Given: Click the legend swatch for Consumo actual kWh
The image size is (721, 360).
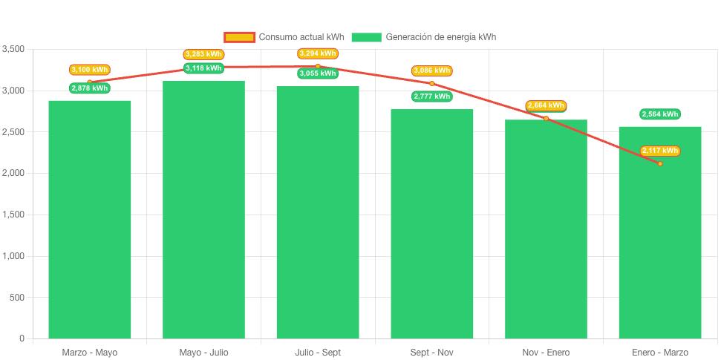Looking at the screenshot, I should click(x=240, y=37).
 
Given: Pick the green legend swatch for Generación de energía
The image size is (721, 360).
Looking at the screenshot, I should click(x=366, y=37).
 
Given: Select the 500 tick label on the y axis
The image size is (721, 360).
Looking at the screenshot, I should click(x=17, y=298).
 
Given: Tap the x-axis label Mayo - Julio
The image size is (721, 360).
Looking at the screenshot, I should click(x=203, y=352).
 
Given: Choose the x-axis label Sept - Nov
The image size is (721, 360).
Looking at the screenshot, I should click(x=431, y=352).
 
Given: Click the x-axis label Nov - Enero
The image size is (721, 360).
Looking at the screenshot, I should click(x=546, y=352).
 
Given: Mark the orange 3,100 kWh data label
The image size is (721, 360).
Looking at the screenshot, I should click(x=90, y=70).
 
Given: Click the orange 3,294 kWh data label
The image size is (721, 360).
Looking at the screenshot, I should click(x=318, y=53).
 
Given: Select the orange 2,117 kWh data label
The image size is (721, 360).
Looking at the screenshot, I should click(x=660, y=151).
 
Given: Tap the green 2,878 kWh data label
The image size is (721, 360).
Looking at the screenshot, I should click(x=90, y=88).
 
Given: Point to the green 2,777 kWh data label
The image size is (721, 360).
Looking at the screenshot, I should click(x=431, y=96).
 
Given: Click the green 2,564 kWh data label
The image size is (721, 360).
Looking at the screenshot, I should click(x=660, y=114).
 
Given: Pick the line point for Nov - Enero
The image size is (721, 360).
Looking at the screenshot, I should click(x=546, y=118).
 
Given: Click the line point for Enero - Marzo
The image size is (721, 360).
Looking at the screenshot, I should click(x=660, y=163).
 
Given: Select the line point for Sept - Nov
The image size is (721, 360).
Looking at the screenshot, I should click(x=431, y=83).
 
